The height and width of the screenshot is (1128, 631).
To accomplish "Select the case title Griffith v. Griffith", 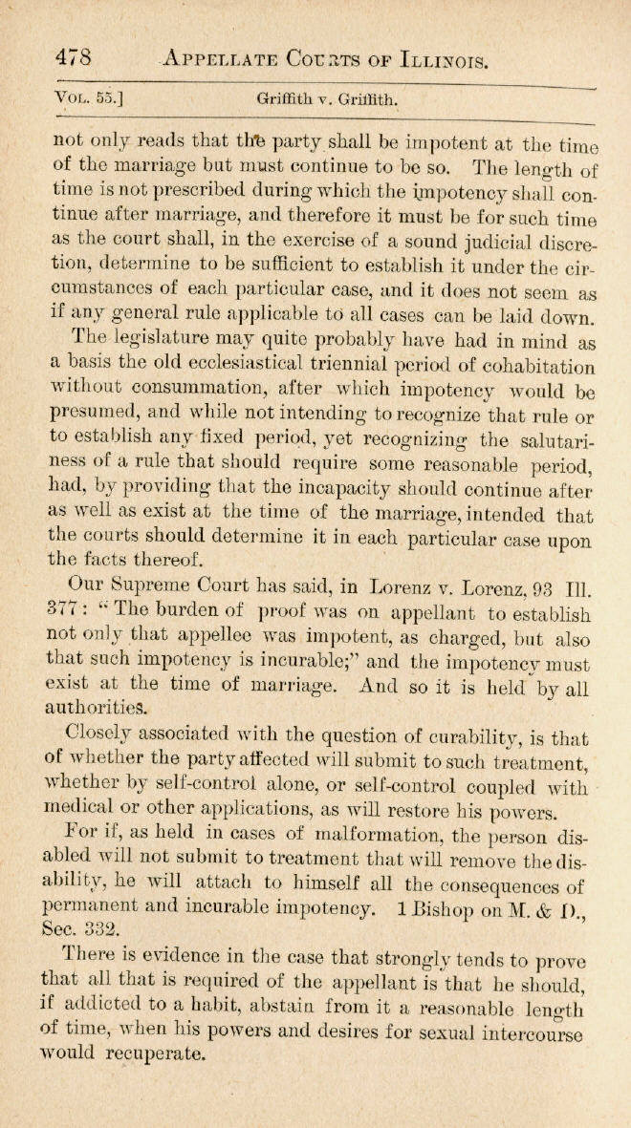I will coord(328,99).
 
